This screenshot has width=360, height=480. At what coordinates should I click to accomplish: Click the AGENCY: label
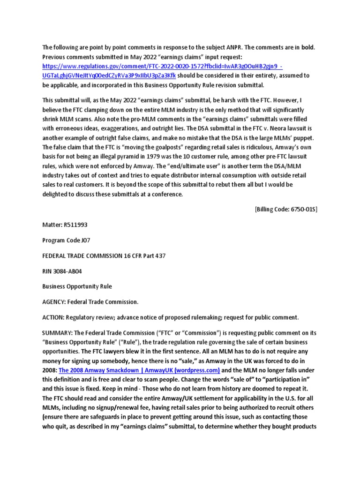56,301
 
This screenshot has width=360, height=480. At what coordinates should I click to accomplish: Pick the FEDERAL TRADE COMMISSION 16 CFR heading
104,255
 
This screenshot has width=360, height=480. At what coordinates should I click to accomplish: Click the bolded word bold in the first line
308,48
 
